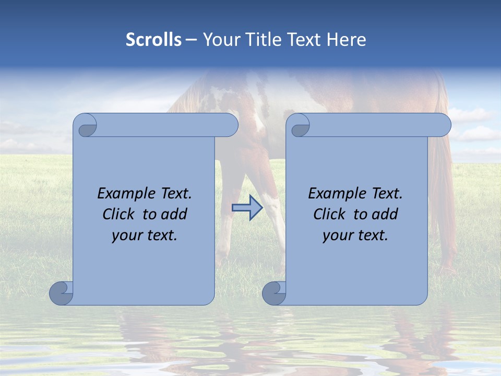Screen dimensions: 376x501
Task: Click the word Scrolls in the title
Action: click(154, 40)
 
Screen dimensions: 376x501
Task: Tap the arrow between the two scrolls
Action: click(247, 208)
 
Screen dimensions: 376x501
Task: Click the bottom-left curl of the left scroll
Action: click(61, 293)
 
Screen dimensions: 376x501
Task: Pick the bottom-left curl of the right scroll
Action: click(273, 293)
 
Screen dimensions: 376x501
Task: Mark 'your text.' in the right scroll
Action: click(355, 235)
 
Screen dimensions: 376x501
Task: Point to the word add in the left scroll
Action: click(173, 214)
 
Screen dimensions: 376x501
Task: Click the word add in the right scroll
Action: click(384, 214)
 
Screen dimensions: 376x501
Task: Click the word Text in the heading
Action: click(301, 40)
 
